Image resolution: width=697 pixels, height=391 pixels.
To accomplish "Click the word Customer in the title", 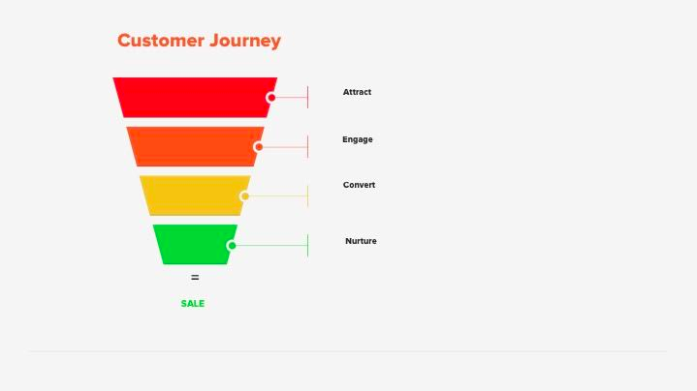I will [x=160, y=41].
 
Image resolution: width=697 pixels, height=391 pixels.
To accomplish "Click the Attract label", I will [x=357, y=92].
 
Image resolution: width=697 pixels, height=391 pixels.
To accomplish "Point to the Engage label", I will [x=357, y=139].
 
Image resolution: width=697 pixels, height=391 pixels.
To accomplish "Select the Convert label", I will [x=359, y=185].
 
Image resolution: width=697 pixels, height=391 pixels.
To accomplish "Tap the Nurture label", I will [x=361, y=241].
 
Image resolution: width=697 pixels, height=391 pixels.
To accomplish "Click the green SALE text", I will [x=193, y=304].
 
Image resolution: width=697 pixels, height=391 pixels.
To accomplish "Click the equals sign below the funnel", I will [x=195, y=278].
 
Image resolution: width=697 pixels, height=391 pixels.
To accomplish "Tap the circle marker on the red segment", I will [x=271, y=97].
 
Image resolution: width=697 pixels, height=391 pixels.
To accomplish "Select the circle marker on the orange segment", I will [x=259, y=146].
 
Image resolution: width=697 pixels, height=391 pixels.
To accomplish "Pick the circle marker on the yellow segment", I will [x=244, y=195].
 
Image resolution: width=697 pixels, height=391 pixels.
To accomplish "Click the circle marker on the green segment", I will [x=232, y=245].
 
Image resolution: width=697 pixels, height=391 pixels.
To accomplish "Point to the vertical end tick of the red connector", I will [x=307, y=97].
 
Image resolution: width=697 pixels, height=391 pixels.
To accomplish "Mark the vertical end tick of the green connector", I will [x=307, y=245].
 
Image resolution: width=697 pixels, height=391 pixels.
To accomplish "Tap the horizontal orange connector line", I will [x=285, y=146].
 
